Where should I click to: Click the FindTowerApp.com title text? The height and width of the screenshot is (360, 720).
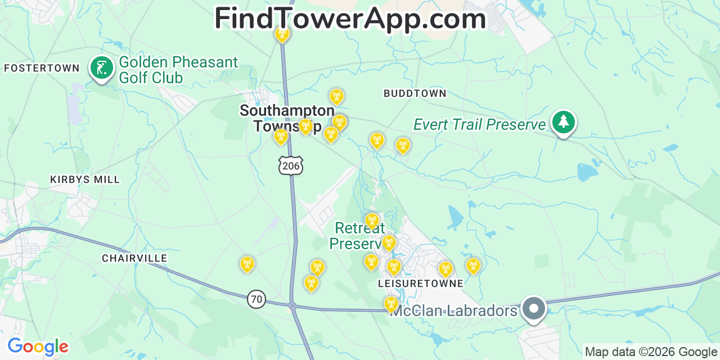coord(350,19)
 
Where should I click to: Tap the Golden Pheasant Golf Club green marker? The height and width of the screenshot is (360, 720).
coord(102,68)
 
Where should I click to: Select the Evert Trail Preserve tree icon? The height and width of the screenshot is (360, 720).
coord(563,122)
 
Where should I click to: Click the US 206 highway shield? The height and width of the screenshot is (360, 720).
coord(290,165)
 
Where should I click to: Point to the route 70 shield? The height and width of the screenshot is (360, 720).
coord(256,299)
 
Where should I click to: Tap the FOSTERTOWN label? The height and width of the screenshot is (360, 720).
coord(42,68)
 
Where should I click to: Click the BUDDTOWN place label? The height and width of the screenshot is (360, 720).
coord(415,93)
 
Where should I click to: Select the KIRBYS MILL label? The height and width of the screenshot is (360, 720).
coord(85,179)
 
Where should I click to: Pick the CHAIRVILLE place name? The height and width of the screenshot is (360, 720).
coord(134,258)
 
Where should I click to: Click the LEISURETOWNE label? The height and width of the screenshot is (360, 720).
coord(421,283)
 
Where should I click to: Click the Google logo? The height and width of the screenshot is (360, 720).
coord(38,346)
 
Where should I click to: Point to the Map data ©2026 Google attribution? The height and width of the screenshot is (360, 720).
coord(651,352)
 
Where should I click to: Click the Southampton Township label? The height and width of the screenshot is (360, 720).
coord(287,118)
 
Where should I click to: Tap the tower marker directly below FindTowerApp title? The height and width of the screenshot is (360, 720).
coord(282,34)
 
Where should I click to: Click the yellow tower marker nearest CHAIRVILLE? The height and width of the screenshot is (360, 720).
coord(247,263)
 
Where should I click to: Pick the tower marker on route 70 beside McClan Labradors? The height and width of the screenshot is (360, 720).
coord(391,304)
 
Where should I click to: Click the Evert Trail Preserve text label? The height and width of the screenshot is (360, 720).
coord(480,124)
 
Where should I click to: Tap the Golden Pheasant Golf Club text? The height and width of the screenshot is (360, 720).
coord(178,70)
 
